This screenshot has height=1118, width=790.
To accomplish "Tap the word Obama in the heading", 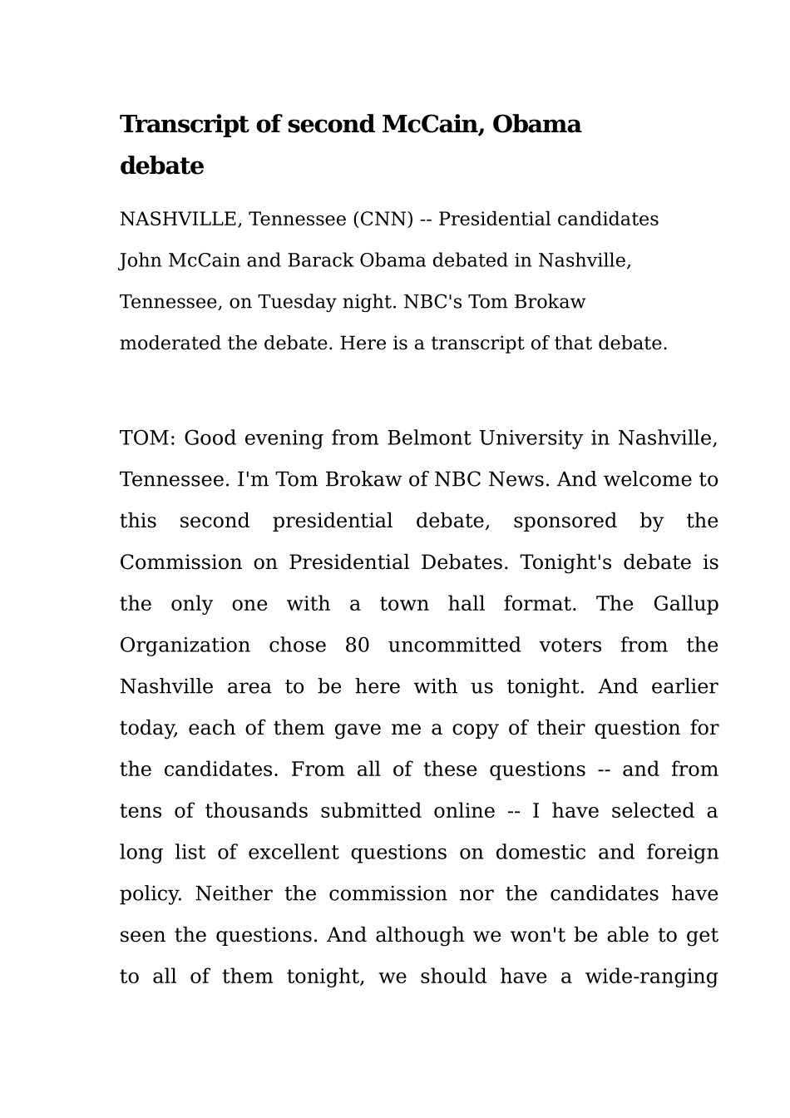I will pos(536,125).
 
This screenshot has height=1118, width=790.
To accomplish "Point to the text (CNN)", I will pos(383,220).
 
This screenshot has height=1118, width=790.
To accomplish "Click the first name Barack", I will pos(320,261).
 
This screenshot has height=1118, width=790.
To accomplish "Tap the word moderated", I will pos(170,344).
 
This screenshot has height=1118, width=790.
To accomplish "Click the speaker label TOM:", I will pos(147,438).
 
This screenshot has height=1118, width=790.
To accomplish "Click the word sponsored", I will pos(565,522).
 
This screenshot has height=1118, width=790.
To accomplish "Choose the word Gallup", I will pos(685,604).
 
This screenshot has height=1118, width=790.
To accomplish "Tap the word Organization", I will pos(185,646).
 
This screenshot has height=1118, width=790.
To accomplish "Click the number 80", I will pos(357,646).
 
